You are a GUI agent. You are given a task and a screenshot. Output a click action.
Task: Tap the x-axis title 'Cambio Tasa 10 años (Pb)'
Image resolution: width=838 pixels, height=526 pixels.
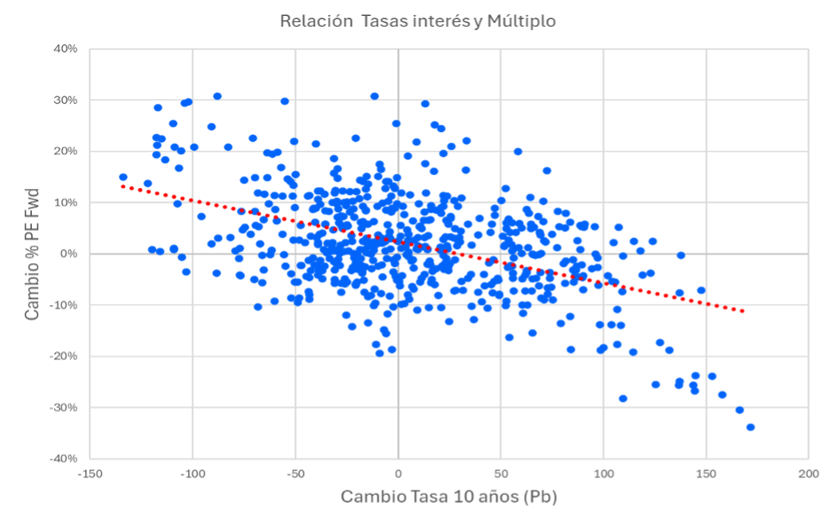pyautogui.click(x=449, y=497)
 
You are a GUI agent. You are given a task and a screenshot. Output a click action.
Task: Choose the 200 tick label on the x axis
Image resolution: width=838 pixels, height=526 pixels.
pyautogui.click(x=808, y=475)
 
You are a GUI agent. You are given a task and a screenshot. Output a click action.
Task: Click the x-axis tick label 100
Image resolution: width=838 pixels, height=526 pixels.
pyautogui.click(x=603, y=475)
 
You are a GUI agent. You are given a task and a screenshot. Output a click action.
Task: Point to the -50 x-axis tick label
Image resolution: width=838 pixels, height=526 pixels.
pyautogui.click(x=295, y=475)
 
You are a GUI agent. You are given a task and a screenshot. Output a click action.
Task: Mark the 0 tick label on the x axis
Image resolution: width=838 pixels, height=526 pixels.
pyautogui.click(x=398, y=475)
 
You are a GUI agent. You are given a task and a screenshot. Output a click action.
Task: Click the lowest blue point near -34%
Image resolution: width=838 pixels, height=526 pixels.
pyautogui.click(x=750, y=427)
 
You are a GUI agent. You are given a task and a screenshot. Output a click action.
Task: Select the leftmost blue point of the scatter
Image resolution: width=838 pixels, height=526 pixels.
pyautogui.click(x=123, y=177)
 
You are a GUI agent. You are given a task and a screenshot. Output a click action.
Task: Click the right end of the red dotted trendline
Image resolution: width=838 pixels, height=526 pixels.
pyautogui.click(x=742, y=311)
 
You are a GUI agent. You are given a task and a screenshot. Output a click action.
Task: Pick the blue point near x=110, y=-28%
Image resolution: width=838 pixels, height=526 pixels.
pyautogui.click(x=623, y=398)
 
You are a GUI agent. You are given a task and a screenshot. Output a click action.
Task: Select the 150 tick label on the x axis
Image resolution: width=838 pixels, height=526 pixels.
pyautogui.click(x=706, y=475)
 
